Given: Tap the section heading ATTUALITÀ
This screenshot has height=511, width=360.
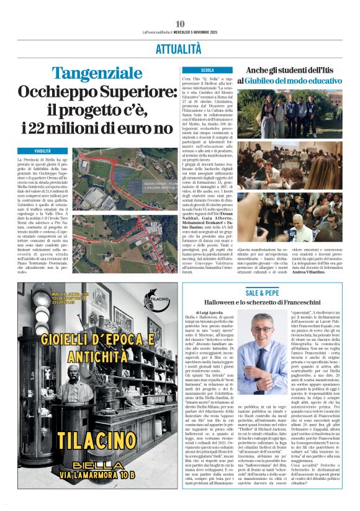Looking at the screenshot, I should point(180,48).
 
